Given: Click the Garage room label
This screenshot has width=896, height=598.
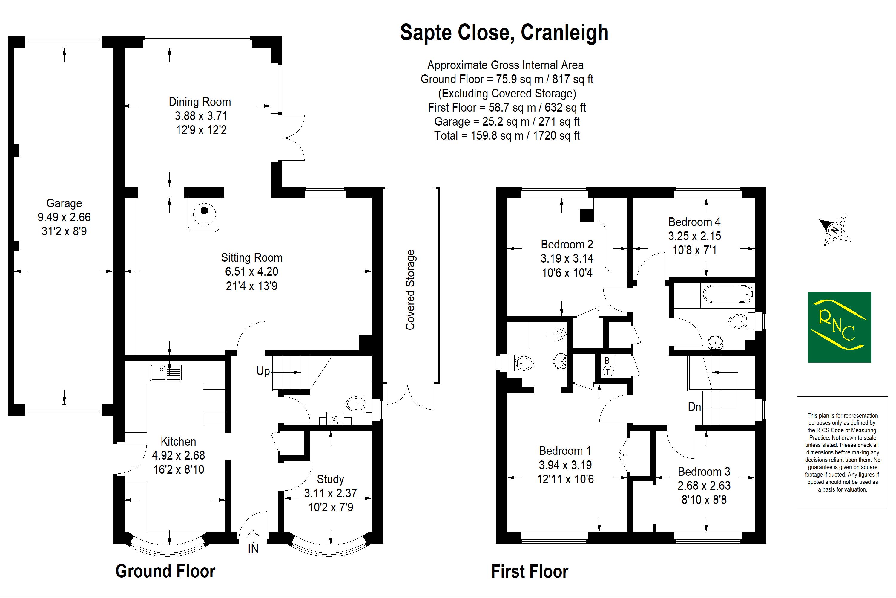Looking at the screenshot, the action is (x=64, y=203).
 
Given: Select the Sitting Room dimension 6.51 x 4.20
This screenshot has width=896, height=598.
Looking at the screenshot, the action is (x=251, y=271).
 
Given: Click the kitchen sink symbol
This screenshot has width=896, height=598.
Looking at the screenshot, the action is (x=166, y=372).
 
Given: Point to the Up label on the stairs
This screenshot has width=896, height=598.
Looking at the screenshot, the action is (x=263, y=371).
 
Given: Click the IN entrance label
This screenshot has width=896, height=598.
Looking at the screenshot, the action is (x=253, y=549).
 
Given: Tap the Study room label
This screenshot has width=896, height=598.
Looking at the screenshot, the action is (x=330, y=479).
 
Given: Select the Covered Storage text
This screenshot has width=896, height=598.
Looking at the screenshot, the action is (x=410, y=289).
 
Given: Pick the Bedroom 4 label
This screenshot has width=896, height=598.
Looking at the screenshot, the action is (x=694, y=222).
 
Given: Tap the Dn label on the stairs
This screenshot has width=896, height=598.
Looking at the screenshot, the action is (x=694, y=407).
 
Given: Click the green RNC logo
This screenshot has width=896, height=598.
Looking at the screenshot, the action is (x=839, y=327).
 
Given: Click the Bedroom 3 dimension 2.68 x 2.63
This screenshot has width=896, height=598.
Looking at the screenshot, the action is (x=704, y=486).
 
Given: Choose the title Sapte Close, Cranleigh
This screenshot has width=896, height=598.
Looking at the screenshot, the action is (x=504, y=33).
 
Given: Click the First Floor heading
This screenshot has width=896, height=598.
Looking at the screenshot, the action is (x=530, y=572).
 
